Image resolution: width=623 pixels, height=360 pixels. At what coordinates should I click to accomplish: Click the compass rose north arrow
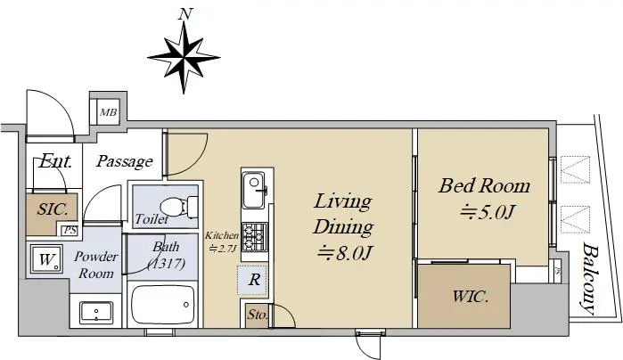184,58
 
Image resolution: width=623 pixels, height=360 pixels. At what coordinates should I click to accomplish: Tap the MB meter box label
108,112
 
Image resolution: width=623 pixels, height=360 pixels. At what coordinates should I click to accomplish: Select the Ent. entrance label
55,161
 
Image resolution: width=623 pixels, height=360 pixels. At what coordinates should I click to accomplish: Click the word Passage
125,161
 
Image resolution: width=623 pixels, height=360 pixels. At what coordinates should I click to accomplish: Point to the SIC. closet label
52,209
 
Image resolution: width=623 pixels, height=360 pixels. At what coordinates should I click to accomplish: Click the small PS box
70,230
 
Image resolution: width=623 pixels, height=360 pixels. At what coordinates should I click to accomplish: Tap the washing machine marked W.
47,259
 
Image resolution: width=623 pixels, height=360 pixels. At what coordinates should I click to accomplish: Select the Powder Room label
96,265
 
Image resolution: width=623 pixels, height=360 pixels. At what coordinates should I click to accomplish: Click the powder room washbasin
96,313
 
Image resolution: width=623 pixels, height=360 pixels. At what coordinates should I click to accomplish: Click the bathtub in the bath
163,305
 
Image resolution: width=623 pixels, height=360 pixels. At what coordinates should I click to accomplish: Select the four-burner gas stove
255,236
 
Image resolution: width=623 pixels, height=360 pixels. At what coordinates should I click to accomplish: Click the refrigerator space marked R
253,280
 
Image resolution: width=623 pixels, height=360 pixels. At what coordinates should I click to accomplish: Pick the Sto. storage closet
257,316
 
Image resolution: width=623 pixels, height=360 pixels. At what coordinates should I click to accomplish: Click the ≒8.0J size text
345,253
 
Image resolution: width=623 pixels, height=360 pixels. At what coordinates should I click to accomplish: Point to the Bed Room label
484,186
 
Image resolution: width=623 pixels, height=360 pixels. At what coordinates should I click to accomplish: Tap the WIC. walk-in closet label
470,297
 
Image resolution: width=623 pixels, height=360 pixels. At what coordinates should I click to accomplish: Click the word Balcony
591,278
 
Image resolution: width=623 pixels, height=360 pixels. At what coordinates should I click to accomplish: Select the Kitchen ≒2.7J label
222,242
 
